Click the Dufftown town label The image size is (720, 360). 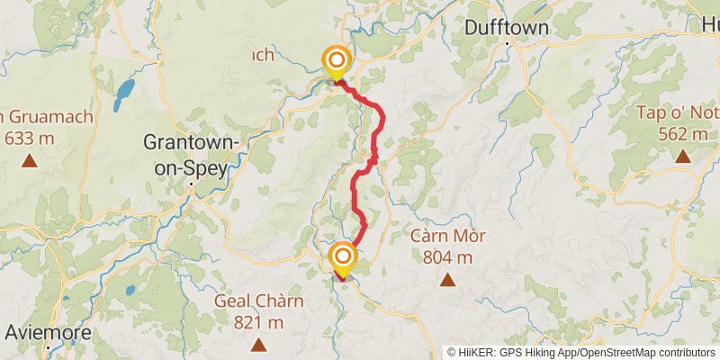(x=506, y=28)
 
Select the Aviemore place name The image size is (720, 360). (x=48, y=332)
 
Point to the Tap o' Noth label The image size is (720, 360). (x=678, y=112)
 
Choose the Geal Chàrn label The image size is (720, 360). (x=259, y=301)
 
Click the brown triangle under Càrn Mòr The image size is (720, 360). (x=447, y=280)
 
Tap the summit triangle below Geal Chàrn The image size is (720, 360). (x=258, y=344)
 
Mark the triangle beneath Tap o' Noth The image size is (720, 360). (x=683, y=157)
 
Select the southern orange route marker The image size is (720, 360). (x=342, y=257)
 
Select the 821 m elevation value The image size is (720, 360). (x=259, y=322)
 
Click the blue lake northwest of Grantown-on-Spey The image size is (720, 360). (x=124, y=91)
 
